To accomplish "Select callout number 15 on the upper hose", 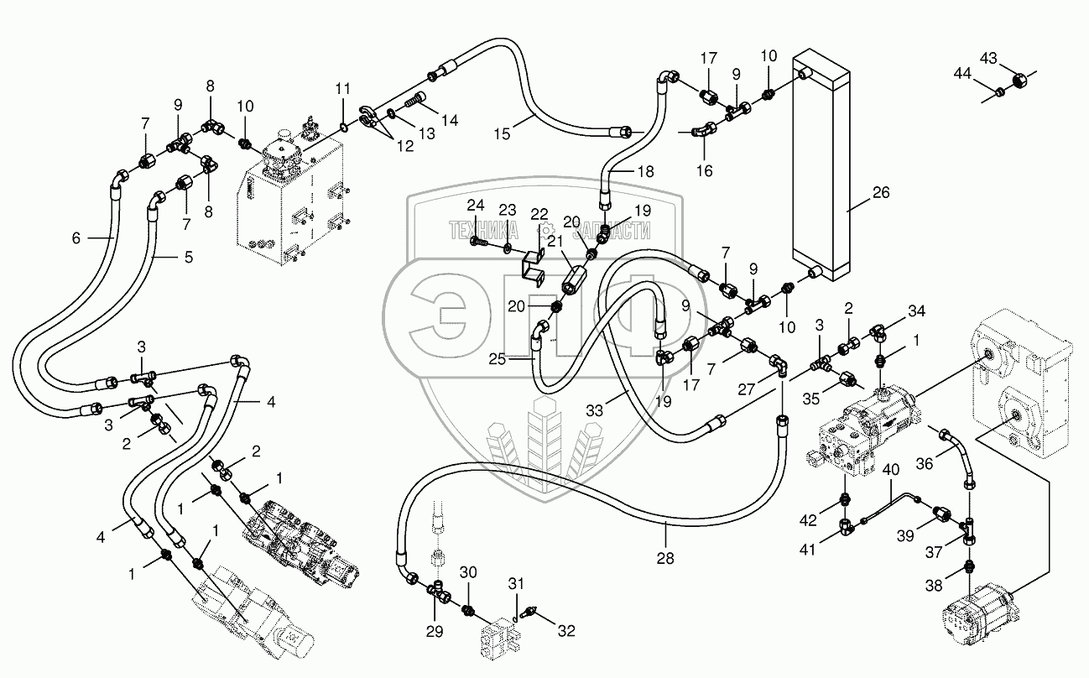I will [x=502, y=133].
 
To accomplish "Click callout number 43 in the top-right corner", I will [x=988, y=58].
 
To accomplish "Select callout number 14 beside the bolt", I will [x=450, y=121].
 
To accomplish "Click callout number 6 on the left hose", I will [x=75, y=238].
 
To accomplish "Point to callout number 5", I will [x=188, y=257].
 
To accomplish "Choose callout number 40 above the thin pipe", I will [x=889, y=470].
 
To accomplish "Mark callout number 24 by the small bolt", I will [x=476, y=205].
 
